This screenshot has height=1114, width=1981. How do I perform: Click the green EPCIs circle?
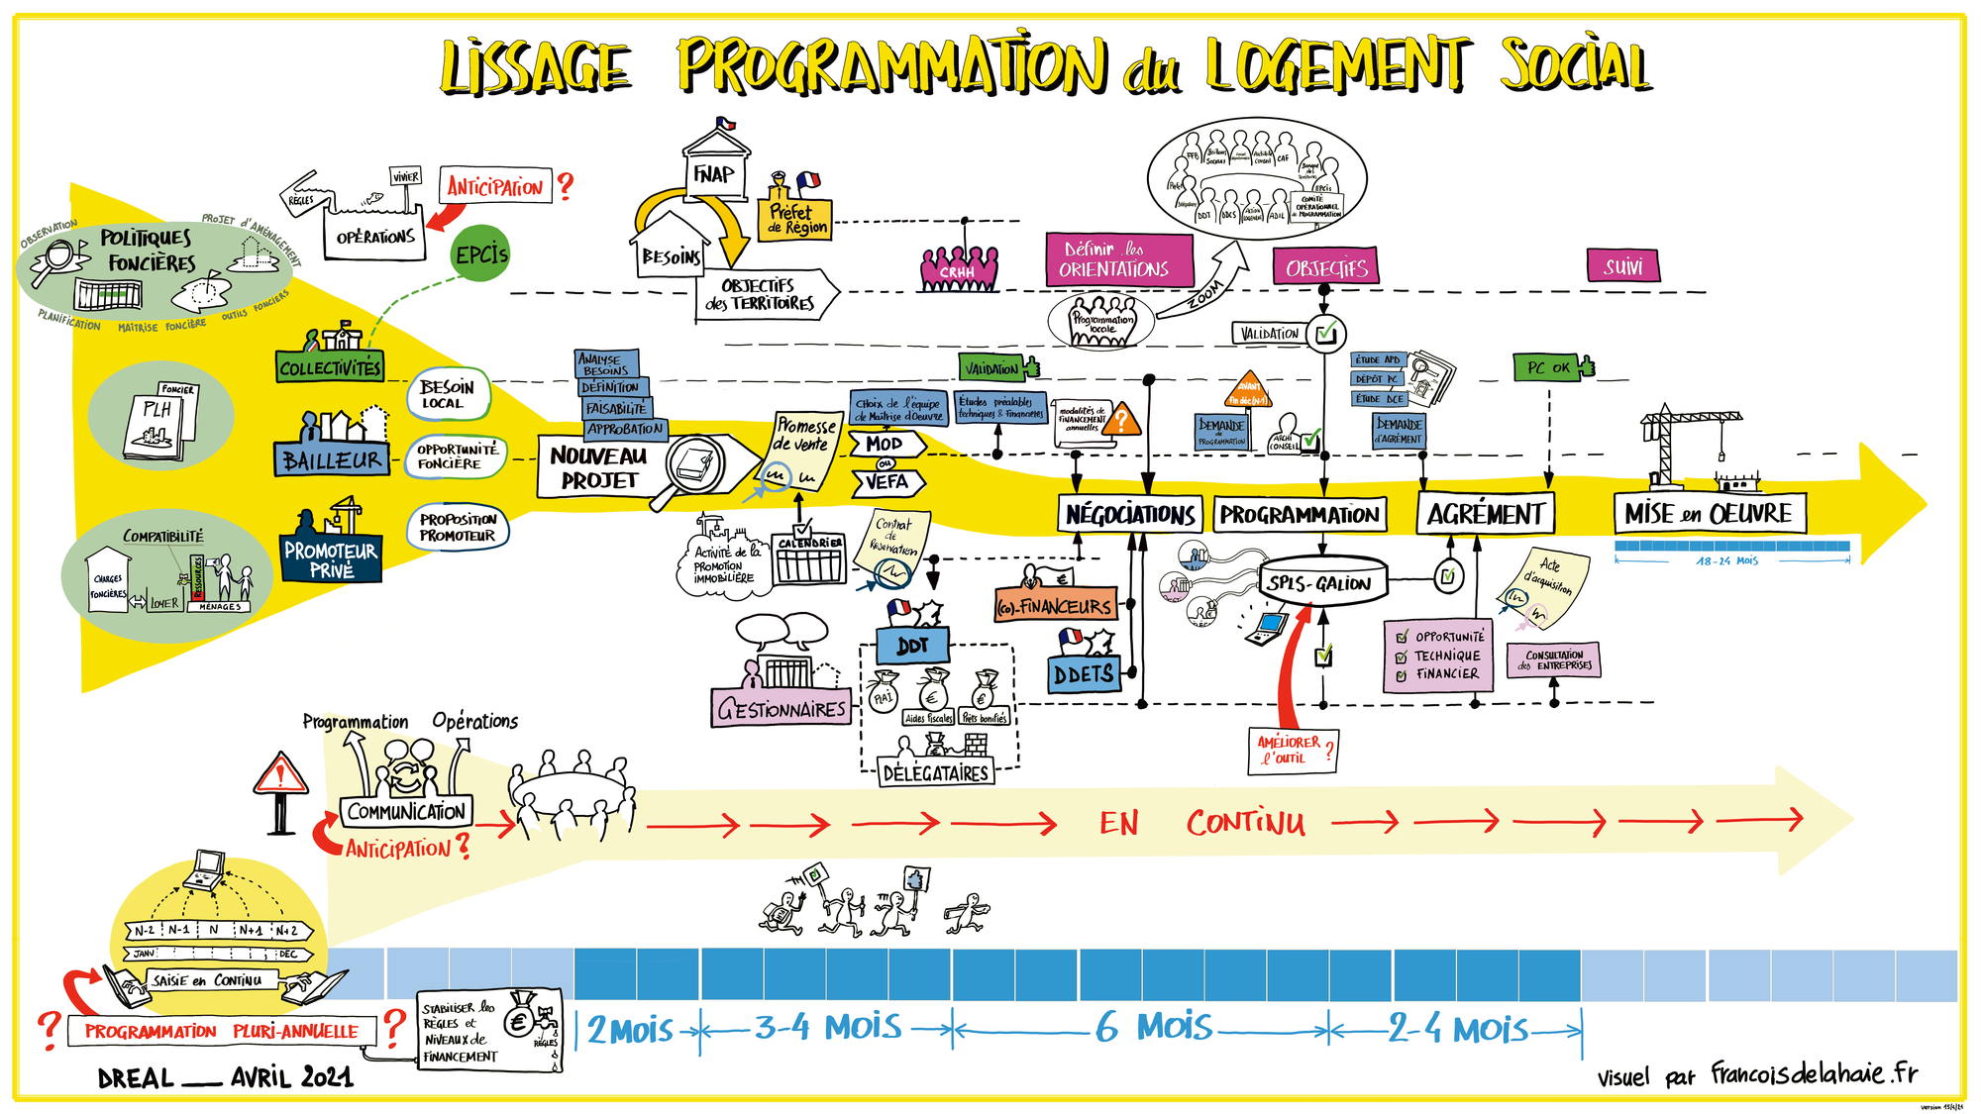pyautogui.click(x=481, y=254)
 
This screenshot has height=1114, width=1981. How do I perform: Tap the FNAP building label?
pyautogui.click(x=713, y=174)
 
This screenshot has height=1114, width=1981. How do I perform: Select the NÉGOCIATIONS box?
pyautogui.click(x=1130, y=515)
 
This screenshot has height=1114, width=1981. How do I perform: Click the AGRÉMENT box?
pyautogui.click(x=1485, y=514)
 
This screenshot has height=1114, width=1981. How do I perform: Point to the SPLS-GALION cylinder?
pyautogui.click(x=1320, y=583)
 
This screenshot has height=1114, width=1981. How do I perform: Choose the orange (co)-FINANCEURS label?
pyautogui.click(x=1055, y=606)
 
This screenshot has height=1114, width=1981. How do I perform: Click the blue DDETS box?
pyautogui.click(x=1084, y=674)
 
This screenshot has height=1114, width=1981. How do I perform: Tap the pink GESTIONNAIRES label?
pyautogui.click(x=782, y=709)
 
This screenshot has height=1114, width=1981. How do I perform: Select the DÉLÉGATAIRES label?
pyautogui.click(x=936, y=772)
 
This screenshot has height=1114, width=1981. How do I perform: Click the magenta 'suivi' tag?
pyautogui.click(x=1623, y=266)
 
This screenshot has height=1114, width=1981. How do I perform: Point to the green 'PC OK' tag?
pyautogui.click(x=1548, y=367)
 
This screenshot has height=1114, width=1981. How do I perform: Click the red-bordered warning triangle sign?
pyautogui.click(x=280, y=775)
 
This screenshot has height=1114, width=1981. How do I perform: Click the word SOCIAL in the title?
pyautogui.click(x=1575, y=66)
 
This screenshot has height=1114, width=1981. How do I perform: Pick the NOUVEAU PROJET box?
pyautogui.click(x=598, y=467)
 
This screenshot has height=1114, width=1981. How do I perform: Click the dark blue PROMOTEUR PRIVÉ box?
pyautogui.click(x=331, y=559)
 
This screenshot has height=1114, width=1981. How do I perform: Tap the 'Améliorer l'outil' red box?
pyautogui.click(x=1292, y=750)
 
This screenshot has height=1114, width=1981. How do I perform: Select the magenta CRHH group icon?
pyautogui.click(x=958, y=268)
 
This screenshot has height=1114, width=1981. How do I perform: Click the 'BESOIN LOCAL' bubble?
pyautogui.click(x=448, y=394)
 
